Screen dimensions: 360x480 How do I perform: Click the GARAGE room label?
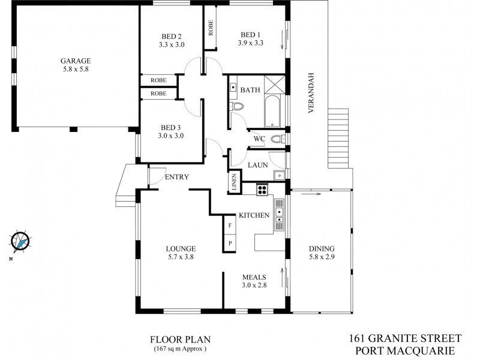click(x=75, y=61)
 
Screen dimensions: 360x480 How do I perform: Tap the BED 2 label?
click(x=171, y=34)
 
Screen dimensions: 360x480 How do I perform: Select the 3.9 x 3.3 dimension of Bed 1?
click(x=251, y=44)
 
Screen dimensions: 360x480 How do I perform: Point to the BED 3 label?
click(x=171, y=127)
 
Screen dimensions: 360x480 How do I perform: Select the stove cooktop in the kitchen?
click(x=262, y=189)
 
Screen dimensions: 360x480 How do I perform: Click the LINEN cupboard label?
click(x=234, y=182)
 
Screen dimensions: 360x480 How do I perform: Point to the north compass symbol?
click(x=20, y=241)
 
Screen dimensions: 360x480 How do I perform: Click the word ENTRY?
click(x=177, y=177)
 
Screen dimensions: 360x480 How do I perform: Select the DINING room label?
click(x=322, y=249)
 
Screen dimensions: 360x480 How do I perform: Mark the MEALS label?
click(x=254, y=277)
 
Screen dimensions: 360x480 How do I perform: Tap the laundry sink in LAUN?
click(x=279, y=175)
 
